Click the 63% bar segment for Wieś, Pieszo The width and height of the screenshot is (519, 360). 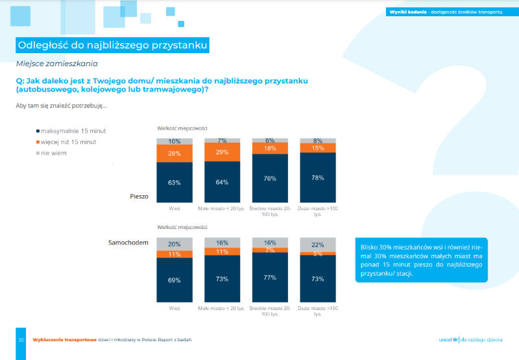(174, 182)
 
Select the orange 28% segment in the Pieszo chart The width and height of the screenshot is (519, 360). (174, 153)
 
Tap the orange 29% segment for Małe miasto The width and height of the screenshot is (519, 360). (222, 151)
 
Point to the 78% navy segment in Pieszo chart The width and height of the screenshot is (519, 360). (317, 178)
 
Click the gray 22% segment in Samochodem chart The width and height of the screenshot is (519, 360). (317, 244)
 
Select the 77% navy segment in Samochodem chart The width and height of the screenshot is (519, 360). (269, 277)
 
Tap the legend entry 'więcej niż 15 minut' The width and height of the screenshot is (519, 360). (68, 141)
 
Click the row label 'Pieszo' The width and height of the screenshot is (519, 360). (139, 195)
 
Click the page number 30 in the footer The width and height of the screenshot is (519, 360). (21, 340)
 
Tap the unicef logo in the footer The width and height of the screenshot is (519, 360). (448, 340)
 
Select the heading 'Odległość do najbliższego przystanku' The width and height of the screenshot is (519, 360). (112, 45)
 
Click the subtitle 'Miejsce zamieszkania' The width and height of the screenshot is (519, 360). (56, 64)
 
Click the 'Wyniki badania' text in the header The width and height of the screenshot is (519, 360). (407, 12)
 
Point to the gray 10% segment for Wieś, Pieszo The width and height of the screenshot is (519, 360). (174, 141)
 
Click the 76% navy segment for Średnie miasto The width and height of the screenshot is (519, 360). (269, 178)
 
